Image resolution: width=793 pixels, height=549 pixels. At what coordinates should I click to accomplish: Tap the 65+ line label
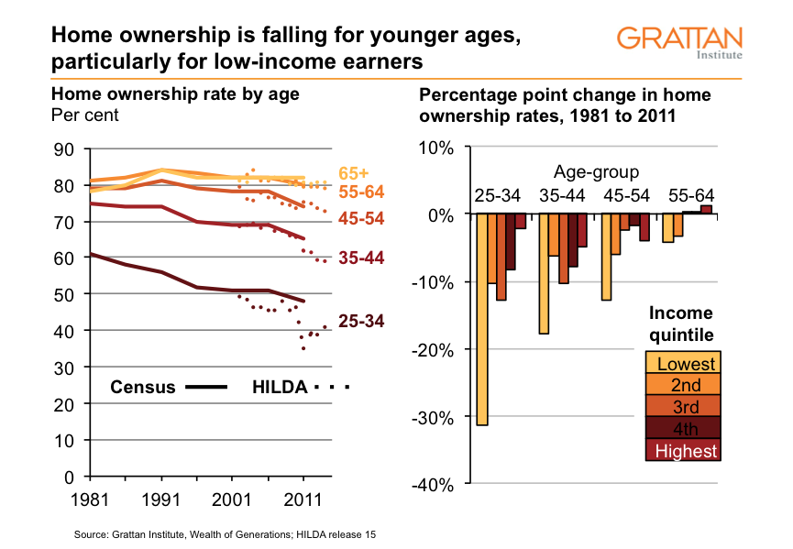coord(353,173)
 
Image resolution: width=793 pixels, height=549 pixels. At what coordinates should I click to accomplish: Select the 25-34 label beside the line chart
coord(360,321)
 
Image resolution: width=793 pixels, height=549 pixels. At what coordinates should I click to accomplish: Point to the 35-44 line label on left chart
coord(360,258)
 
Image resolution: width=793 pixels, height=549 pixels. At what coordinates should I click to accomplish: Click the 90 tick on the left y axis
coord(64,149)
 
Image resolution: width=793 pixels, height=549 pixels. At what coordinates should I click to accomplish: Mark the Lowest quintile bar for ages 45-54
coord(605,257)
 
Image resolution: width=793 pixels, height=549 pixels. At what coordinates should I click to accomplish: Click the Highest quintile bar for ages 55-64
coord(706,209)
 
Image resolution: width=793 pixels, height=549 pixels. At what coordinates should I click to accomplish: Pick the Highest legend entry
coord(683,450)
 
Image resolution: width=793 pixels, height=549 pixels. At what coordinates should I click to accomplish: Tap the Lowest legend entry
coord(683,363)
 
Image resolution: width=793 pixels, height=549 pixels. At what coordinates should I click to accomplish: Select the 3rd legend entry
coord(683,406)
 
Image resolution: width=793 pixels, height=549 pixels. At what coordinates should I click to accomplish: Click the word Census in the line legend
coord(142,387)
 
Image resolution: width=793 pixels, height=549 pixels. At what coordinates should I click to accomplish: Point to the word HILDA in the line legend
coord(279,387)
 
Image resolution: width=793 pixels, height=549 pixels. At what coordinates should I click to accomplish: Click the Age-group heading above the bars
coord(596,172)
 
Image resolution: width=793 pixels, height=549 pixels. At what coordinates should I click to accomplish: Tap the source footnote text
coord(225,533)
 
